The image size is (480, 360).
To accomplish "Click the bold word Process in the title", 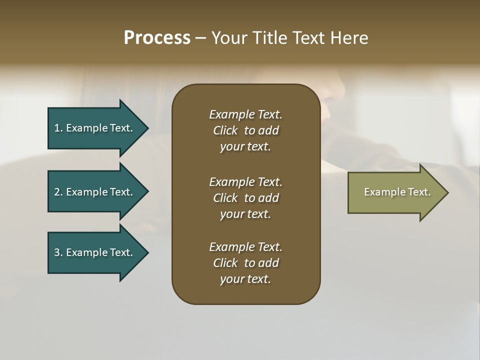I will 157,38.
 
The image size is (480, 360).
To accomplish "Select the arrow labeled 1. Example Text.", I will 93,128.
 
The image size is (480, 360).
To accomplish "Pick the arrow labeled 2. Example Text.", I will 93,192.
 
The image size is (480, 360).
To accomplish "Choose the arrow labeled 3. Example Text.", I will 93,252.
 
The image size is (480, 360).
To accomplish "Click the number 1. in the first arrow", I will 58,128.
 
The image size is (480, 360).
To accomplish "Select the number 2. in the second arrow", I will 58,192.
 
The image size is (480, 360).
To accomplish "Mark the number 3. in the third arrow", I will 58,252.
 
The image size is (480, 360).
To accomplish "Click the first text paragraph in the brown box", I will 245,130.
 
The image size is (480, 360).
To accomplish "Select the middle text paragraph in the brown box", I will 245,198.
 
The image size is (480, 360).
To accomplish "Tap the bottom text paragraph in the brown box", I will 245,263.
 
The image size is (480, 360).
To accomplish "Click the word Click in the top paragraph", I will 225,130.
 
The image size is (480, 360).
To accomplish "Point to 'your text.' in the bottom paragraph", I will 245,279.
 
